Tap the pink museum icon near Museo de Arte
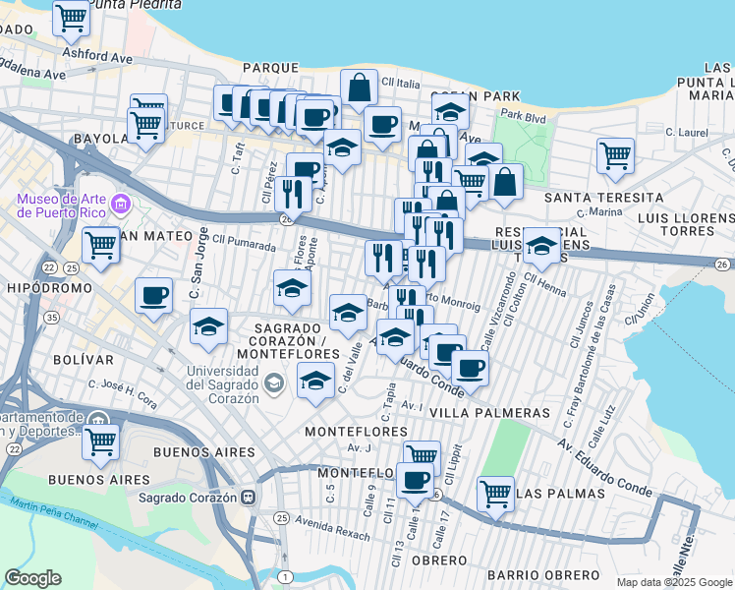coord(121,206)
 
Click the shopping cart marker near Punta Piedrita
coord(71,16)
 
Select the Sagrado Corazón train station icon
coord(250,498)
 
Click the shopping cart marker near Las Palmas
coord(495,492)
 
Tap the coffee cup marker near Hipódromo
coord(152,294)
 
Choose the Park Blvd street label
coord(525,116)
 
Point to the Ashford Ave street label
coord(96,57)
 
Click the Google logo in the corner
coord(32,578)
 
